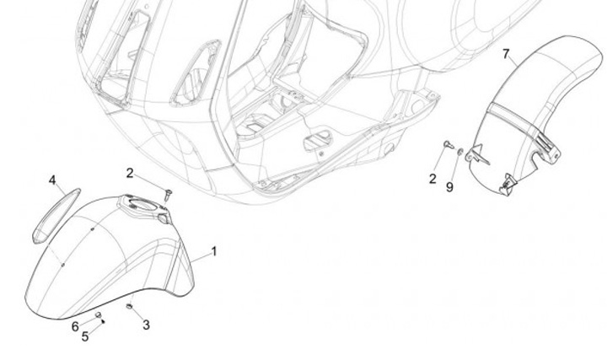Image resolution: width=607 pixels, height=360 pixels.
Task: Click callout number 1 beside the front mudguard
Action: click(x=214, y=250)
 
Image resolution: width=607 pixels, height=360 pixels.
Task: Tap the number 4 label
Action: click(x=52, y=181)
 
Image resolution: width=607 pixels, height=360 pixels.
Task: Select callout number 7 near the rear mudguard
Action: click(x=506, y=55)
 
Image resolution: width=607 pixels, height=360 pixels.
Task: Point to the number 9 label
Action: click(x=449, y=186)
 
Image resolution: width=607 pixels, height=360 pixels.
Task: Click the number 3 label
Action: click(x=146, y=325)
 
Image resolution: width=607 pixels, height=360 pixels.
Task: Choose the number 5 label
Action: click(x=84, y=337)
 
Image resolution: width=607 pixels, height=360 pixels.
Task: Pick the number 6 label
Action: click(x=75, y=326)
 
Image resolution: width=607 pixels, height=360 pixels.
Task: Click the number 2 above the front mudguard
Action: click(x=130, y=173)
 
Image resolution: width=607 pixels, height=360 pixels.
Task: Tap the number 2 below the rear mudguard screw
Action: click(x=432, y=179)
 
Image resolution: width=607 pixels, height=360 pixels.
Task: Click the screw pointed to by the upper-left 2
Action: click(x=168, y=194)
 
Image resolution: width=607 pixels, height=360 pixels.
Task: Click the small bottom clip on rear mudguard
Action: click(x=508, y=180)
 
